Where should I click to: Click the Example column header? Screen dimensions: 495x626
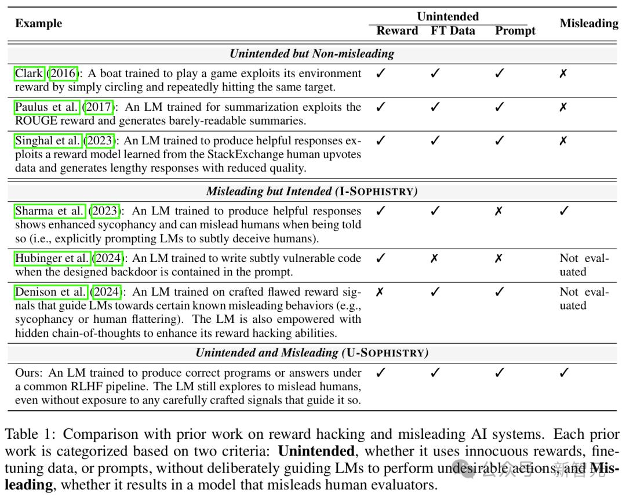point(38,24)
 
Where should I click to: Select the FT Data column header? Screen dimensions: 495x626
point(453,31)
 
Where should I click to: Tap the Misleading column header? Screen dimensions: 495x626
point(588,24)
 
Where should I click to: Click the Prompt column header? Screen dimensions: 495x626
point(515,31)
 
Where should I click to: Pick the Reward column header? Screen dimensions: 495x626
point(397,31)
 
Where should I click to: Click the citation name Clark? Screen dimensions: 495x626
point(29,74)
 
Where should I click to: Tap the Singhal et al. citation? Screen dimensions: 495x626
point(48,141)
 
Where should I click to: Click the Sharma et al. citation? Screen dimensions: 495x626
point(50,211)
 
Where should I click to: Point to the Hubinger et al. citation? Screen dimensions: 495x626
point(52,259)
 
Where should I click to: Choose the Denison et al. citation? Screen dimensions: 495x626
point(50,292)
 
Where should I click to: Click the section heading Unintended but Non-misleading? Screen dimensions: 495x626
point(312,54)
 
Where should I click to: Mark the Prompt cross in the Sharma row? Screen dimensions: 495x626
point(498,211)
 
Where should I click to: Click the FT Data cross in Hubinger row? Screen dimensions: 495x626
point(434,259)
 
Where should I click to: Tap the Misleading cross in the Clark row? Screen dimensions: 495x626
point(563,74)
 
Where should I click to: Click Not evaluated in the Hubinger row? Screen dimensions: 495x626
point(584,265)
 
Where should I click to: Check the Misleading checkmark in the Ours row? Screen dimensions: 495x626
point(563,373)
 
